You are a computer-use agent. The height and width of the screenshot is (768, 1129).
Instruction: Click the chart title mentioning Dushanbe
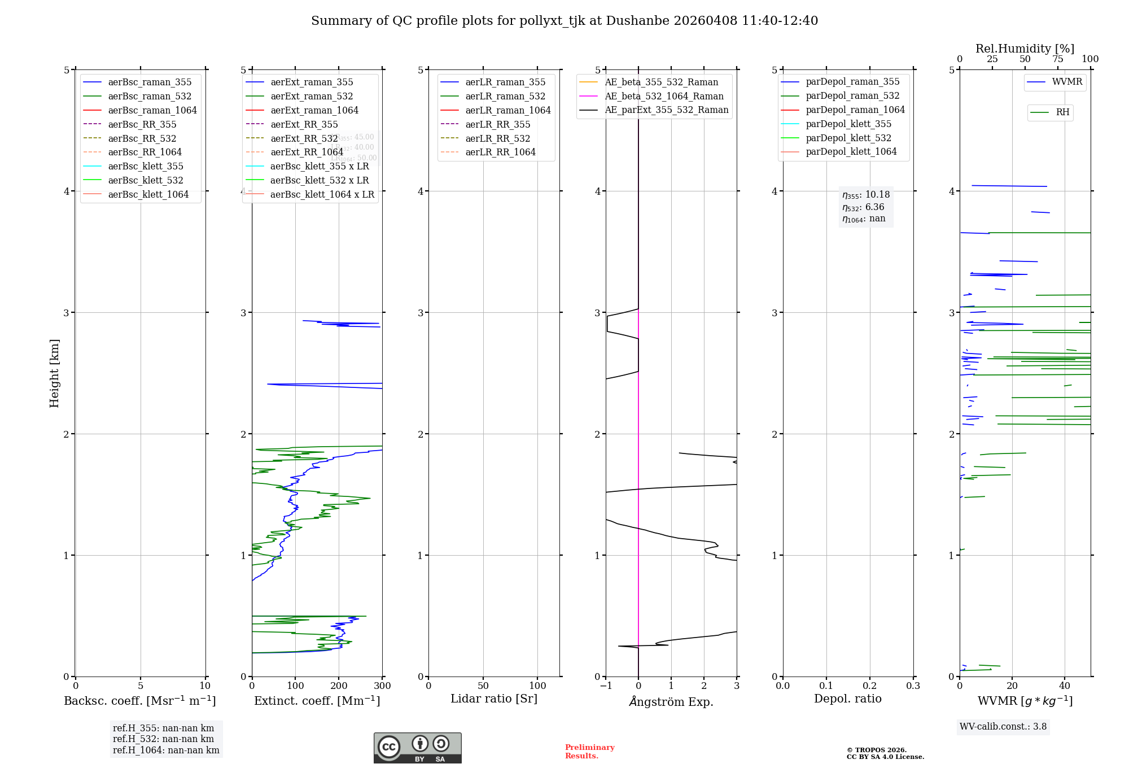tap(564, 21)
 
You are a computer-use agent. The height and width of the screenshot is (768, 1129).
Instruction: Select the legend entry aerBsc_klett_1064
tap(148, 194)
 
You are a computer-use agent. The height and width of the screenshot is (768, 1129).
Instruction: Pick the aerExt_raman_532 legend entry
tap(311, 96)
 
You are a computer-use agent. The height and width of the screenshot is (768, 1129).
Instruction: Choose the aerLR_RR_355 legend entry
tap(497, 124)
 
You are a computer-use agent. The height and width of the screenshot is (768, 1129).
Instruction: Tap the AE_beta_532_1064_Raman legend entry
tap(663, 96)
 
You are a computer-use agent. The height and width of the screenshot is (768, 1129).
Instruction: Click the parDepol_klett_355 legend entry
tap(848, 124)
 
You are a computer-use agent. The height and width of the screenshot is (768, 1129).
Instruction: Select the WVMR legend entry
tap(1066, 82)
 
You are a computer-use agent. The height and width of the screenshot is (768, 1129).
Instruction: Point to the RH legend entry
tap(1062, 112)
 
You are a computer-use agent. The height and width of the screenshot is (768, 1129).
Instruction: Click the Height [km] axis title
tap(54, 373)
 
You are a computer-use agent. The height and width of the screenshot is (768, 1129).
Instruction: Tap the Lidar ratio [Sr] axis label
tap(494, 699)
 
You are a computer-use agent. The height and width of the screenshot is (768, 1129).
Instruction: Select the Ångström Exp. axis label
tap(671, 701)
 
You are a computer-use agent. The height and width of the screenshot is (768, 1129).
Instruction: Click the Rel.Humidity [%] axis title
tap(1025, 49)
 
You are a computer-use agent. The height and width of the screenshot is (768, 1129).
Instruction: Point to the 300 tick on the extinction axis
tap(382, 686)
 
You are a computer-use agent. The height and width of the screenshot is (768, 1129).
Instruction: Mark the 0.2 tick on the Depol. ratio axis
tap(870, 686)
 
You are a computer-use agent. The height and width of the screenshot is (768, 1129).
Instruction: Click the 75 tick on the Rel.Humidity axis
tap(1058, 59)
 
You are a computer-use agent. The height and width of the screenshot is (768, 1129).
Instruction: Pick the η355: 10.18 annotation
tap(865, 195)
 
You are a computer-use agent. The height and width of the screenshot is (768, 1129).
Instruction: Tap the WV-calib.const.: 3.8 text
tap(1003, 726)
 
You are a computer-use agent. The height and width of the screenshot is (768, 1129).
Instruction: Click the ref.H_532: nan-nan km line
tap(163, 739)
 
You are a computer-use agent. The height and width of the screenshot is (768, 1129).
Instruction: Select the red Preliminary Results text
tap(589, 751)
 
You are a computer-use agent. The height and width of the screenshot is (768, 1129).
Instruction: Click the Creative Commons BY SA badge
tap(417, 748)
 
